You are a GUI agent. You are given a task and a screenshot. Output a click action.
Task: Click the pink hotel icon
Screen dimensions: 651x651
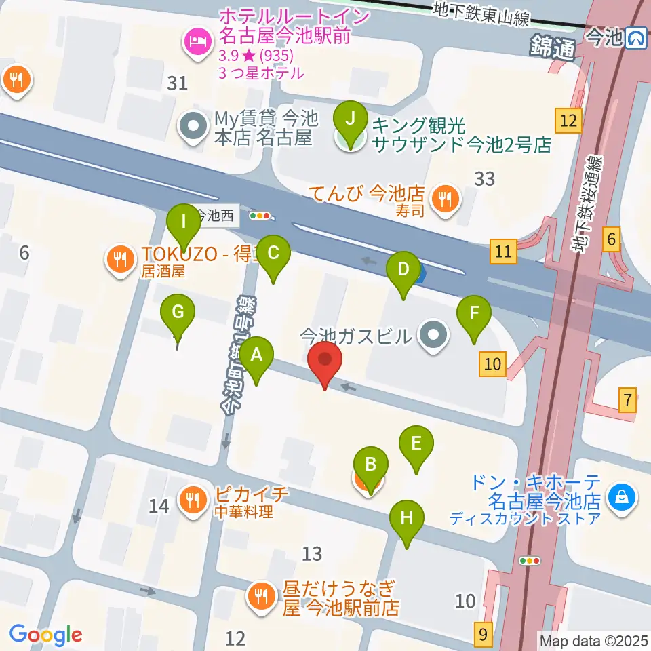coord(196,42)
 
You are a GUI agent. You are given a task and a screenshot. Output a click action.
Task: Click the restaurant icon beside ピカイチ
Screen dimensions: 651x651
coord(193,500)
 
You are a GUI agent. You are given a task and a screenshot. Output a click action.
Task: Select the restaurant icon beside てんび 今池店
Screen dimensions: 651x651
coord(446,199)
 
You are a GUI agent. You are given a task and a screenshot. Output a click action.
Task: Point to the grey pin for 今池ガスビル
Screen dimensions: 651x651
coord(433,335)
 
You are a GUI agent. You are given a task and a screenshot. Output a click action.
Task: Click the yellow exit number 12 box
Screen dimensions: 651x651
coord(568,121)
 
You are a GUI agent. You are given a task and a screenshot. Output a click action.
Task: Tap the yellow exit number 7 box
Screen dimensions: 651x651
coord(628,400)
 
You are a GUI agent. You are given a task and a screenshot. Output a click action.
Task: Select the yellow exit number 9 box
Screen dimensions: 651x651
coord(483,634)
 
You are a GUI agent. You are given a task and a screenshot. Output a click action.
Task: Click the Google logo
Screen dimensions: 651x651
coord(45,635)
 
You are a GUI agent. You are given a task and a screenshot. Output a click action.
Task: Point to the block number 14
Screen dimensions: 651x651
coord(159,506)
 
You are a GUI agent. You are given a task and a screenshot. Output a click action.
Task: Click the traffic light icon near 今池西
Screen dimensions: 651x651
coord(260,216)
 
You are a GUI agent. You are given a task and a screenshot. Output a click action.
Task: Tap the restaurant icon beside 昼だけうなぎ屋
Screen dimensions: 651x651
coord(261,597)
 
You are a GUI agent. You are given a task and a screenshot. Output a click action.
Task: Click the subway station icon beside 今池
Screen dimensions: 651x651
coord(636,38)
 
